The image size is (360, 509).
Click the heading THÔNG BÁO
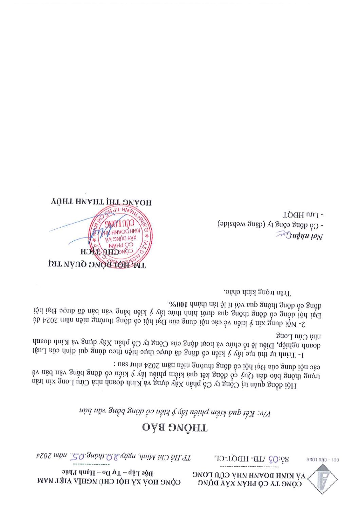coord(175,427)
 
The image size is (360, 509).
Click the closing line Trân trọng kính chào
coord(258,292)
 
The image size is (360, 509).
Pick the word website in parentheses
coord(230,225)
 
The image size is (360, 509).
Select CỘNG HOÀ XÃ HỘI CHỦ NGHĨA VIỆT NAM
coord(109,482)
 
